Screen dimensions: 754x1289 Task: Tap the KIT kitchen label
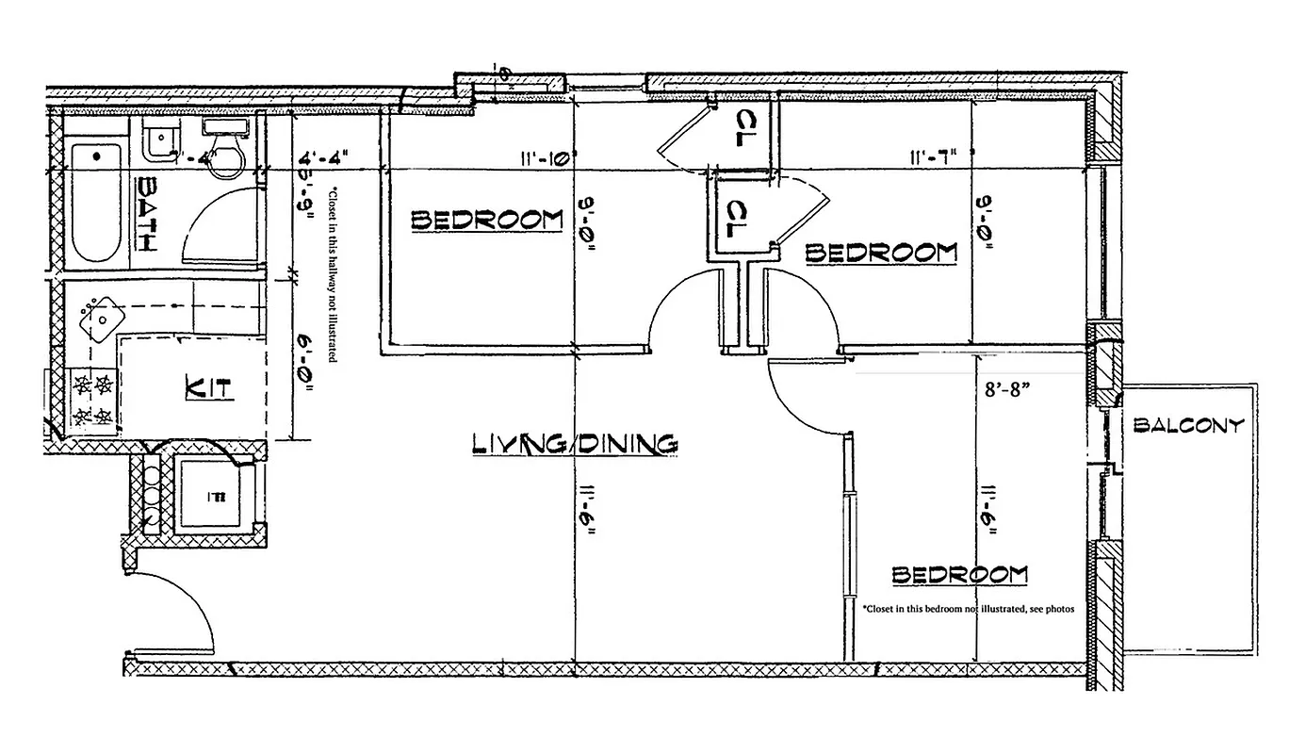pyautogui.click(x=208, y=386)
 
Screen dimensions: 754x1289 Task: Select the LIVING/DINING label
pyautogui.click(x=574, y=444)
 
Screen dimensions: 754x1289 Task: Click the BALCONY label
pyautogui.click(x=1188, y=425)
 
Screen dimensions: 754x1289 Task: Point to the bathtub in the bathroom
pyautogui.click(x=98, y=202)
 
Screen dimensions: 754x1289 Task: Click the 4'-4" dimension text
pyautogui.click(x=327, y=158)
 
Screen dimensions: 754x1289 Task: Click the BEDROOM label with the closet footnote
pyautogui.click(x=959, y=574)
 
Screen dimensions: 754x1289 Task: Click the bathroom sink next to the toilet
pyautogui.click(x=161, y=139)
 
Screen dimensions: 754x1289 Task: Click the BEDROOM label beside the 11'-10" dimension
pyautogui.click(x=486, y=221)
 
